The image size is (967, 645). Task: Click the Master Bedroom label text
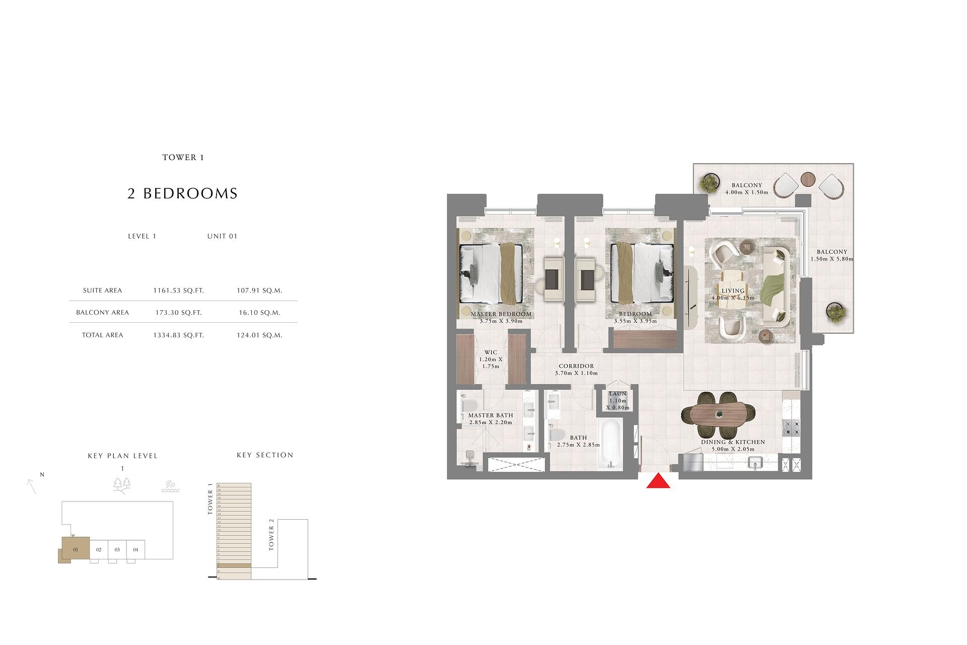501,314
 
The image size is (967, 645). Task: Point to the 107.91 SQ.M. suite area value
259,291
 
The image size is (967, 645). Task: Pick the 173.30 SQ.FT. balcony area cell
178,313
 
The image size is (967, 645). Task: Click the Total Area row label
102,335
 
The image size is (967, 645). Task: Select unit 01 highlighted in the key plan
75,549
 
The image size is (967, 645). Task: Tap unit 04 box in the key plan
135,549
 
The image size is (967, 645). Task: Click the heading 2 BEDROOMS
182,193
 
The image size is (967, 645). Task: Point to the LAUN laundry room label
617,394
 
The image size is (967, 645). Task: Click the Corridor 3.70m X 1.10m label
576,370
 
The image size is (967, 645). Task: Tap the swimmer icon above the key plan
170,486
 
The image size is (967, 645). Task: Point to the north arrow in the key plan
32,486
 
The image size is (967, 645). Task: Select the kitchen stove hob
791,428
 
